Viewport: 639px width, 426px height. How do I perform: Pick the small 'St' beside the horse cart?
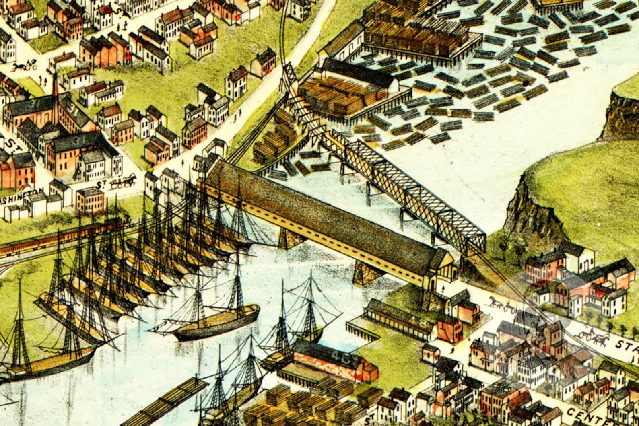pyautogui.click(x=103, y=185)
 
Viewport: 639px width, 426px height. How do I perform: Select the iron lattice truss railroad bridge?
pyautogui.click(x=406, y=189)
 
